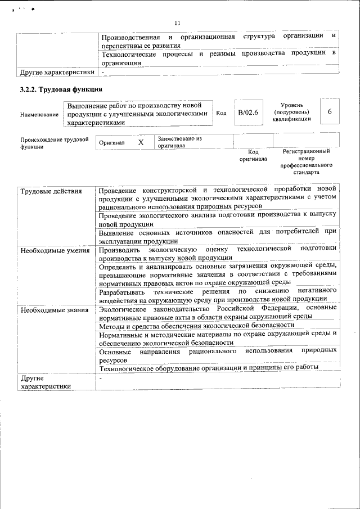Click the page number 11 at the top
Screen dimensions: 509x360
[x=177, y=23]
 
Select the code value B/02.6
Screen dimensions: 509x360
[x=247, y=112]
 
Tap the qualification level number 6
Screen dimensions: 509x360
[x=330, y=112]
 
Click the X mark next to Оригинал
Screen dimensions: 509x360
[x=141, y=143]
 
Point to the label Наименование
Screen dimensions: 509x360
[x=39, y=115]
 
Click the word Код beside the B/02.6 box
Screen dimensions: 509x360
[x=222, y=113]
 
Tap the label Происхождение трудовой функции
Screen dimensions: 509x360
[x=55, y=143]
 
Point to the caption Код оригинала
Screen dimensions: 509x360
[x=253, y=155]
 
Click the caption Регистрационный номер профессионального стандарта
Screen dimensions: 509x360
[x=306, y=161]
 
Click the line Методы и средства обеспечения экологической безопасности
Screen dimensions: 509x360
[x=196, y=326]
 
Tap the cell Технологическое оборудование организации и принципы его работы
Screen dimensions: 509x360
[x=209, y=368]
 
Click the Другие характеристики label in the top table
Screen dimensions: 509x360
[x=57, y=73]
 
